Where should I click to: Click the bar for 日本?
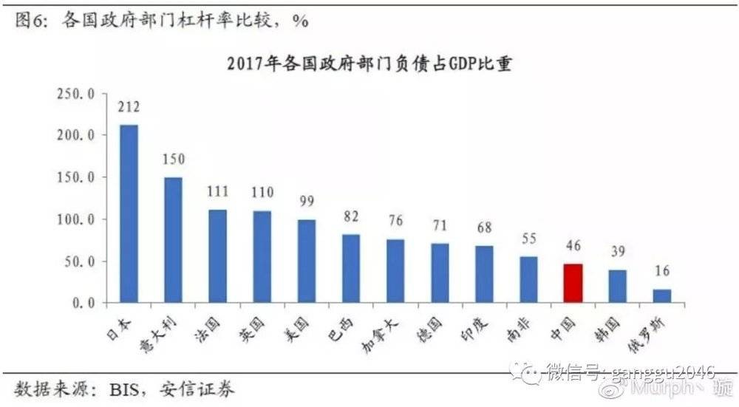[x=129, y=214]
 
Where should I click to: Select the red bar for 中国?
[x=573, y=284]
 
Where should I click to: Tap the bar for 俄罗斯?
[x=661, y=295]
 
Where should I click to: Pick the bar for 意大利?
[x=173, y=240]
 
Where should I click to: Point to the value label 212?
[x=129, y=107]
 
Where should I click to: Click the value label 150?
[x=173, y=158]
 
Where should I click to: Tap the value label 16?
[x=661, y=271]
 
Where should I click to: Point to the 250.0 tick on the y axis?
[x=81, y=94]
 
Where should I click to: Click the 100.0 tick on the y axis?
[x=81, y=219]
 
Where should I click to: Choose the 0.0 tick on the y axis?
[x=86, y=303]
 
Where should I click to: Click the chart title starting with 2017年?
[x=369, y=65]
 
